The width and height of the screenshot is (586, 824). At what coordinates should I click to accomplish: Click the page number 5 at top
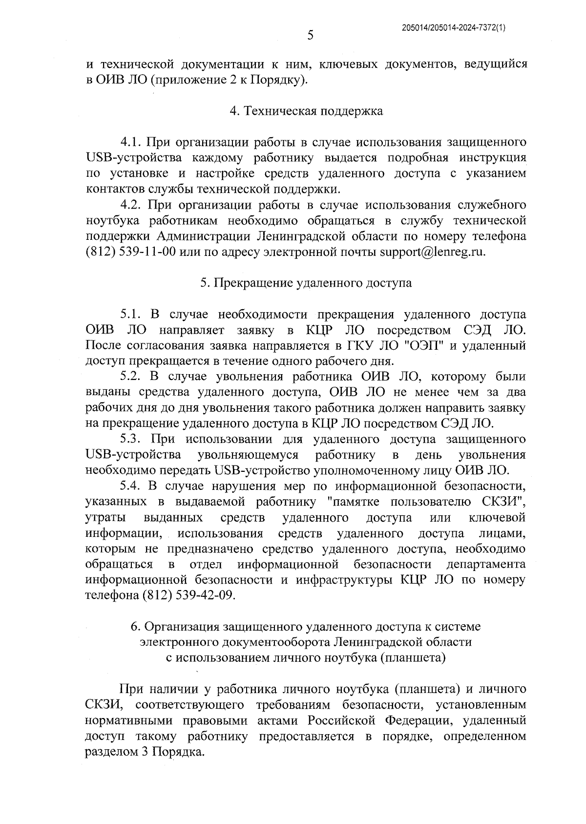(310, 35)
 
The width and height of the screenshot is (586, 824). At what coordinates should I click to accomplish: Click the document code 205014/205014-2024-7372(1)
(453, 28)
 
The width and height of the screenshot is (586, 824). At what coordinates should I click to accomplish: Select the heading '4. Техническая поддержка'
(306, 111)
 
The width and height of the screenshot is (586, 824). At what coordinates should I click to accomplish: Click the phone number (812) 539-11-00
(131, 252)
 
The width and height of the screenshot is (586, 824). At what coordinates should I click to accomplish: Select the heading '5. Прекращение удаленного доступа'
(306, 283)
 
